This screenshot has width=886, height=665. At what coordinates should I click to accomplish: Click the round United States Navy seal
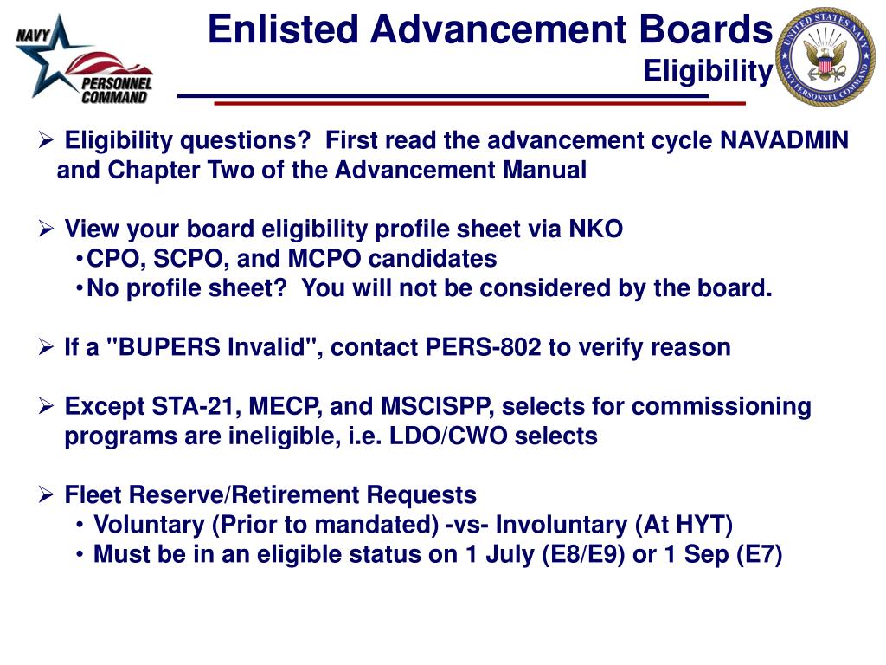[824, 57]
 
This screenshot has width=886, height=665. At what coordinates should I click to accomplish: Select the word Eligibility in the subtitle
[707, 72]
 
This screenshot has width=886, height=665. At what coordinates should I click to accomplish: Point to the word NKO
[595, 229]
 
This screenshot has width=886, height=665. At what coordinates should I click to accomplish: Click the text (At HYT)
[684, 525]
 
